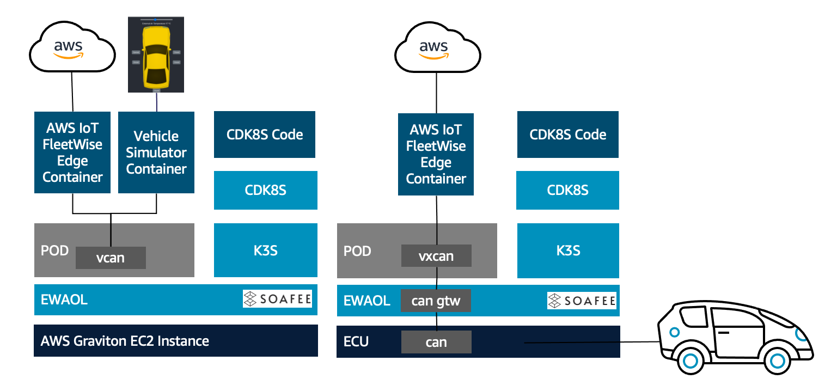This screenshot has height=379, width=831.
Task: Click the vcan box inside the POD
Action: tap(111, 258)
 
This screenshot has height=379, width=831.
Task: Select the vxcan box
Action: tap(436, 256)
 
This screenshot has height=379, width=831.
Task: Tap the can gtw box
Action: tap(436, 301)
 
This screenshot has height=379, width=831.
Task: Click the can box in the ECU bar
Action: tap(436, 342)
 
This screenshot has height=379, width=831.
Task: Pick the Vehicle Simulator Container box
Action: tap(156, 152)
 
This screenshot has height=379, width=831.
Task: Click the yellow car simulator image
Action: tap(156, 54)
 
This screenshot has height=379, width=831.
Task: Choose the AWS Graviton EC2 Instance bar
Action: tap(176, 341)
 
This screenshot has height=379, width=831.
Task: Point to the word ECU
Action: tap(356, 342)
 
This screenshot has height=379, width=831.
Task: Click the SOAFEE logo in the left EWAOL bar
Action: tap(277, 299)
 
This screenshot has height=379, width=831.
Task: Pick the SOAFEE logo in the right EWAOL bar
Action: tap(582, 301)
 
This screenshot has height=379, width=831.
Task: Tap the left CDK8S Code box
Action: tap(265, 135)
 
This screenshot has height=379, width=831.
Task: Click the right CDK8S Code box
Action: tap(568, 135)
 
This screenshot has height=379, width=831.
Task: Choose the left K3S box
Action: tap(266, 250)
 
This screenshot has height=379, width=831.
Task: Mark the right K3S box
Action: tap(568, 250)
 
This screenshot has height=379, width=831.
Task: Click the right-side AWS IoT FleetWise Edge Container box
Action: tap(436, 154)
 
